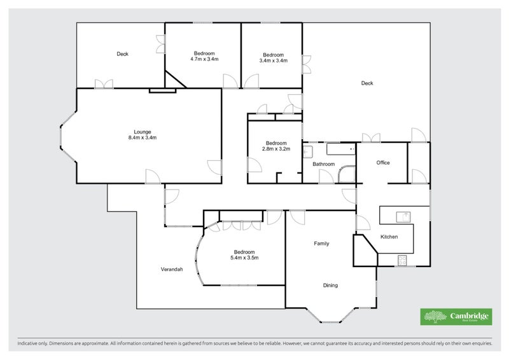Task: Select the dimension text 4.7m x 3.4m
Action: pyautogui.click(x=204, y=59)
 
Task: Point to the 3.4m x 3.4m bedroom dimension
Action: pyautogui.click(x=274, y=60)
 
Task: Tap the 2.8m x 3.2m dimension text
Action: pyautogui.click(x=276, y=149)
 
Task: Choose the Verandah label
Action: pyautogui.click(x=171, y=269)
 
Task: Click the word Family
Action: pyautogui.click(x=321, y=244)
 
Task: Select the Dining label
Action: pyautogui.click(x=330, y=285)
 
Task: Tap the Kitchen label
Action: pyautogui.click(x=389, y=237)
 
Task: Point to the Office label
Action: pyautogui.click(x=382, y=163)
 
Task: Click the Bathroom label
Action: pyautogui.click(x=323, y=164)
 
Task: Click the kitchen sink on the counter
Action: pyautogui.click(x=403, y=216)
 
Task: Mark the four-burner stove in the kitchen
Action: pyautogui.click(x=402, y=259)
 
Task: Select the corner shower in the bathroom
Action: pyautogui.click(x=346, y=175)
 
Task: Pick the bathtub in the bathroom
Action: pyautogui.click(x=340, y=149)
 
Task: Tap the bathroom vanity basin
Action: pyautogui.click(x=307, y=151)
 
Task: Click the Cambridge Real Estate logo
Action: pyautogui.click(x=456, y=317)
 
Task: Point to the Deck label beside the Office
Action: pyautogui.click(x=366, y=83)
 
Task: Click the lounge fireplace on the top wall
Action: pyautogui.click(x=162, y=90)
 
